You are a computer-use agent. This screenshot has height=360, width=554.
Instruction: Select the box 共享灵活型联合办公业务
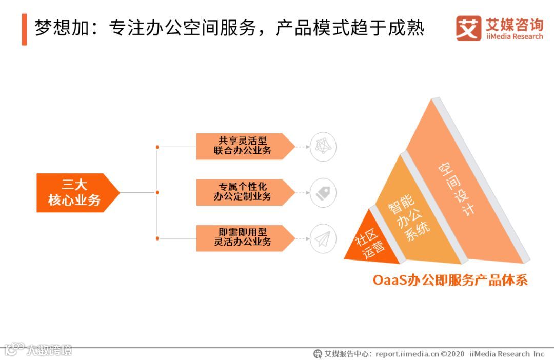point(243,146)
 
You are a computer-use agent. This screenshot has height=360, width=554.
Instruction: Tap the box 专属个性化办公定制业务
point(243,192)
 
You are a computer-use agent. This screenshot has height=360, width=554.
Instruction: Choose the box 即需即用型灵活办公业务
point(243,238)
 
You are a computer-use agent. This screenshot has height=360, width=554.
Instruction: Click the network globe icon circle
point(323,146)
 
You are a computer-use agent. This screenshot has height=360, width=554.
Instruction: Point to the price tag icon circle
point(323,192)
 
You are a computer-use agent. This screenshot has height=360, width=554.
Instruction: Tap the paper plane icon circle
point(323,238)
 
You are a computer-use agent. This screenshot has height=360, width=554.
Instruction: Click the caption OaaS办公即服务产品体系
point(450,281)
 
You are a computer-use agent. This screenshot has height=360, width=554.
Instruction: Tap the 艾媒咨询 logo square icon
point(468,28)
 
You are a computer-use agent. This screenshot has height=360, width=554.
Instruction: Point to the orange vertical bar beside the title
point(24,29)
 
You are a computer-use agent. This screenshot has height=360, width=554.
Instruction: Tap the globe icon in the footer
point(318,354)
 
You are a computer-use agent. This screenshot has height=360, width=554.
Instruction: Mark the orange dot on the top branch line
point(157,147)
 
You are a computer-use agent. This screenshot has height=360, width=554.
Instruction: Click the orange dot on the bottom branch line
point(157,238)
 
